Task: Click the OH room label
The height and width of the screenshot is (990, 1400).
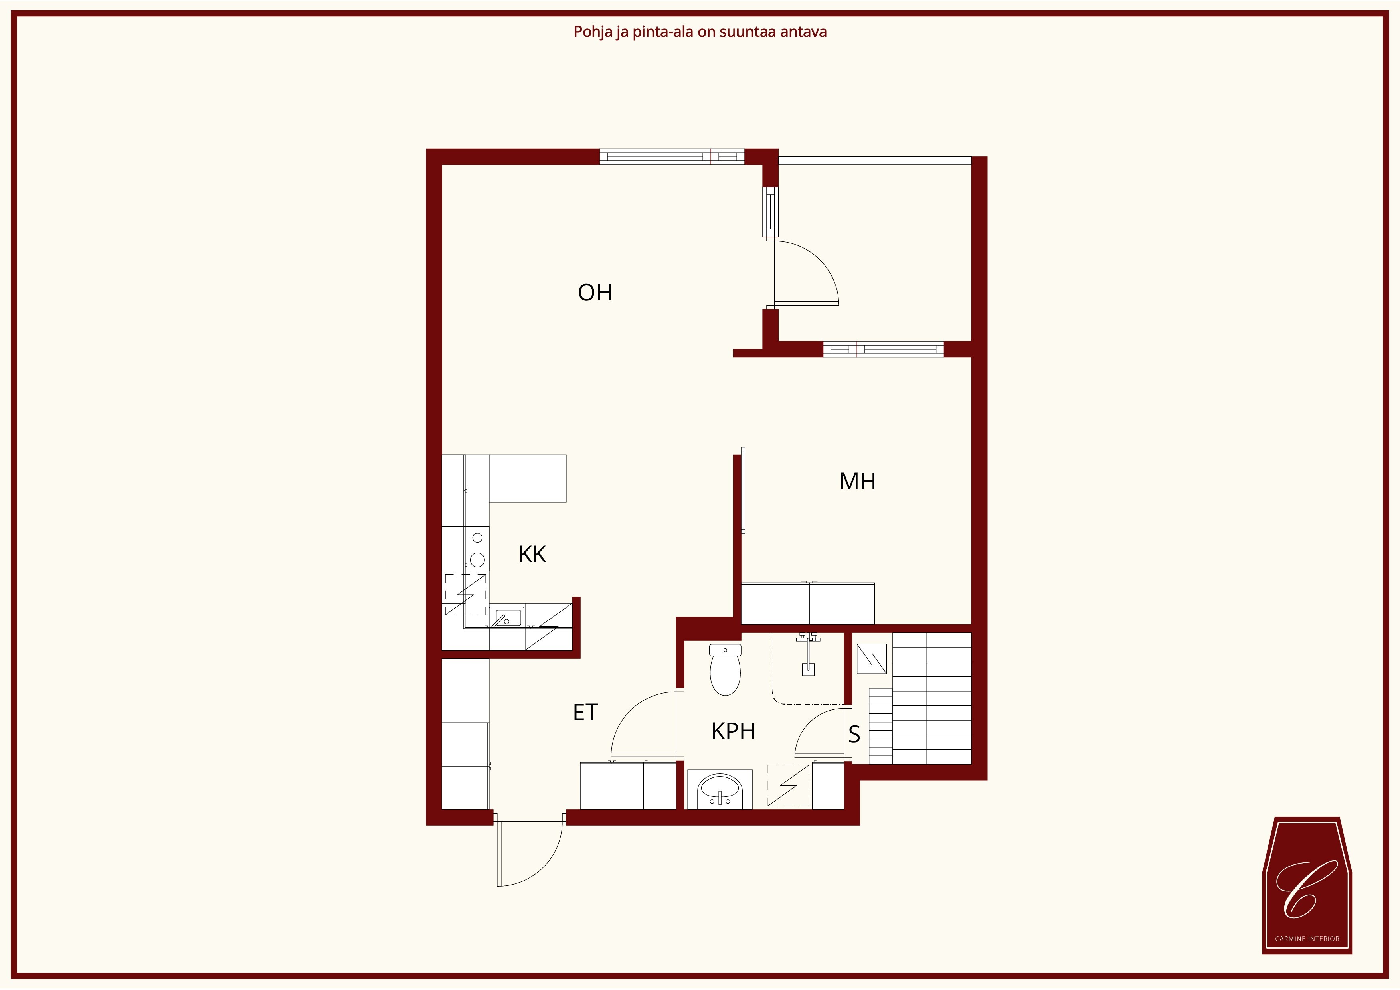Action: [595, 292]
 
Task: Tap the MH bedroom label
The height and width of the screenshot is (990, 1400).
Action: [857, 482]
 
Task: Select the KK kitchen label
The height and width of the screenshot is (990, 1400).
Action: [532, 554]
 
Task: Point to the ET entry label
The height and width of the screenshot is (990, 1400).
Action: [585, 712]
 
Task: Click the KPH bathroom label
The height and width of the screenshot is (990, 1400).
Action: [733, 731]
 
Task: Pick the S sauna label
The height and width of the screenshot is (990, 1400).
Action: [854, 735]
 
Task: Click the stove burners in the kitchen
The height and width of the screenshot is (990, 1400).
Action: [477, 549]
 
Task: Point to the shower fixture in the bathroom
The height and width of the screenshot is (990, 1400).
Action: [808, 653]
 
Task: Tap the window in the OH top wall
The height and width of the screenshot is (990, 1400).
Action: [672, 157]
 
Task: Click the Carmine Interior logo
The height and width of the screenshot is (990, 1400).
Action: [1307, 885]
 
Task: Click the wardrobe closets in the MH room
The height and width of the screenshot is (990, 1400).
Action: [808, 603]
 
